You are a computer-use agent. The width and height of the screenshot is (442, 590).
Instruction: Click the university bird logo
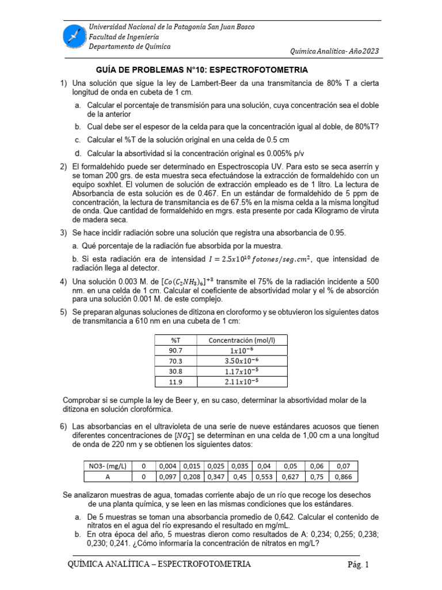pyautogui.click(x=74, y=36)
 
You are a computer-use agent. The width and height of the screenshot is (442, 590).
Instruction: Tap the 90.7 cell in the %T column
pyautogui.click(x=175, y=350)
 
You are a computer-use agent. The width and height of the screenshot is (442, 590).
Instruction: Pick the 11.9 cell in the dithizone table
pyautogui.click(x=175, y=381)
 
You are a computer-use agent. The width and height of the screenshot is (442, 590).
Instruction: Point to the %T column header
pyautogui.click(x=175, y=339)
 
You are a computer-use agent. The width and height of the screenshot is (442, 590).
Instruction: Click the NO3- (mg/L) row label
pyautogui.click(x=108, y=466)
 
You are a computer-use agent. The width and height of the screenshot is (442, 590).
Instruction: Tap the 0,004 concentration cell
pyautogui.click(x=169, y=466)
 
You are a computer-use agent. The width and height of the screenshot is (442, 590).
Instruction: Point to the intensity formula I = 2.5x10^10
pyautogui.click(x=255, y=259)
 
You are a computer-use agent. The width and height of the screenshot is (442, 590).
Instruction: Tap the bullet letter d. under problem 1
pyautogui.click(x=78, y=153)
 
